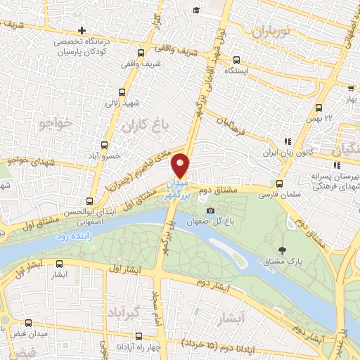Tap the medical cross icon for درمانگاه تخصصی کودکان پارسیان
click(x=82, y=31)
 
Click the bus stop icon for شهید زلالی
click(x=122, y=93)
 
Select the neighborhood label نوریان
click(x=270, y=32)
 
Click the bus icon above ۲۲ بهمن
click(x=319, y=108)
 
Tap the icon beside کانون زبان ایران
click(x=287, y=141)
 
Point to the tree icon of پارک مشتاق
click(x=283, y=250)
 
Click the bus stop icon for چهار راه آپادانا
click(x=139, y=336)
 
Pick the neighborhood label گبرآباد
click(x=127, y=311)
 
